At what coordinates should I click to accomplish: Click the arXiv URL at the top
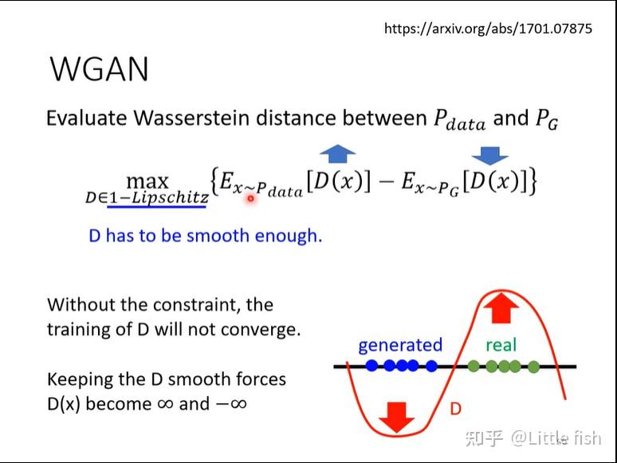click(488, 29)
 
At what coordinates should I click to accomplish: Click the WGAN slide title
click(100, 70)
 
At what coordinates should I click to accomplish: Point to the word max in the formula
click(147, 182)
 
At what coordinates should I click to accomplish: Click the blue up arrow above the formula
click(337, 154)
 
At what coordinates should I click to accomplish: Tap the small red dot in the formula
click(250, 198)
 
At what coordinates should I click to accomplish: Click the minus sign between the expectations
click(387, 182)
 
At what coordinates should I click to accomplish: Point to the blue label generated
click(400, 345)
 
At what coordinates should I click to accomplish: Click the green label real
click(501, 345)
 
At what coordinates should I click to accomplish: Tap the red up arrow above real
click(501, 308)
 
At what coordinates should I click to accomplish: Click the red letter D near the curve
click(456, 409)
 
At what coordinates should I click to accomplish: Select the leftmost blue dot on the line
click(371, 367)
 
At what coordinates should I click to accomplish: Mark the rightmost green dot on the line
click(533, 367)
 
